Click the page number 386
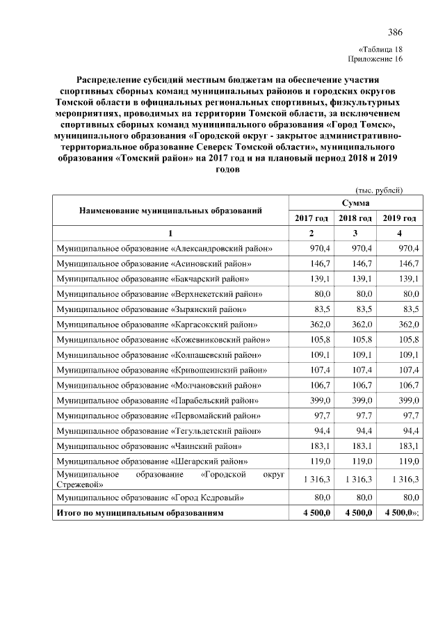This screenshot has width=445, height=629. [395, 32]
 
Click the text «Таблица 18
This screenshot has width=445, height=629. [380, 49]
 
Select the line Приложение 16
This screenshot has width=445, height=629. [375, 59]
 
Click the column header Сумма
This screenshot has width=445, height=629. [355, 203]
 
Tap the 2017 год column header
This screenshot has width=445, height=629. [311, 218]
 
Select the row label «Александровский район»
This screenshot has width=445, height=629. [164, 248]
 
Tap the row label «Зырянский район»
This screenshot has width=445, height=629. [152, 309]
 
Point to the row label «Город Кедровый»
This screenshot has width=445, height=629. [149, 497]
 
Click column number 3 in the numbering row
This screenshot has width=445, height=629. [355, 233]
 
